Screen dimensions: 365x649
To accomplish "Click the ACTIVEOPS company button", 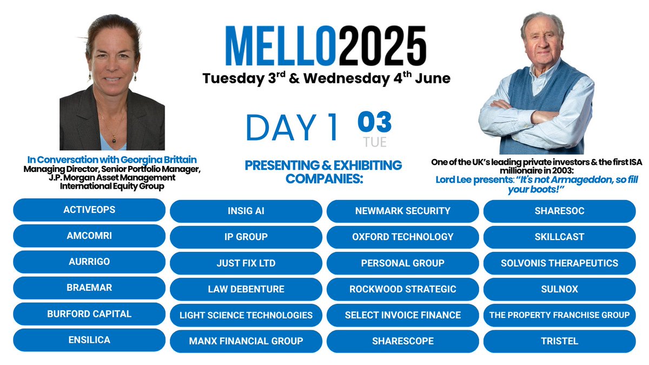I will point(89,210).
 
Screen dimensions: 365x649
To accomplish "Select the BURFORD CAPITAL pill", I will point(89,314).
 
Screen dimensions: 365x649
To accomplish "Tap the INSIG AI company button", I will point(246,211).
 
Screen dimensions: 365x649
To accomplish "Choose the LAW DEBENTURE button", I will point(246,289).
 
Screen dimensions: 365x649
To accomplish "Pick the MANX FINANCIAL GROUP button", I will point(246,341).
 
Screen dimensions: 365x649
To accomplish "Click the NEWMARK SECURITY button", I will point(402,211).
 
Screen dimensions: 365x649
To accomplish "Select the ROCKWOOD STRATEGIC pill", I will point(402,289).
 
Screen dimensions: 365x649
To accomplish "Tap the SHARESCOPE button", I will point(402,341).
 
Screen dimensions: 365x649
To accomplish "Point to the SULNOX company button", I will point(559,289).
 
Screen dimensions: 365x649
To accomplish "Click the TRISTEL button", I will point(559,341).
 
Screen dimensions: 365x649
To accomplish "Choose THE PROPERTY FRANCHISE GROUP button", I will point(559,315).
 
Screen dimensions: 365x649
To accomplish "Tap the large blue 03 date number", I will point(374,122).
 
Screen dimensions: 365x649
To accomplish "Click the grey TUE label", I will point(375,141).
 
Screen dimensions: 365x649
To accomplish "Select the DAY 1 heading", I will point(292,128).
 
